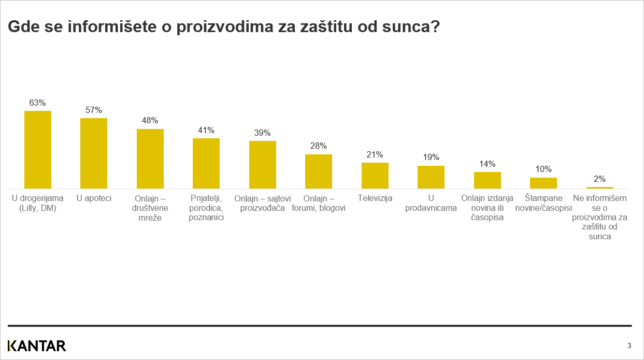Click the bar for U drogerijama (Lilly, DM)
click(x=38, y=149)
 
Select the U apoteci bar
click(x=94, y=153)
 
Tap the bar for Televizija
click(x=375, y=175)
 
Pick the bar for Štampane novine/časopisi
click(x=543, y=183)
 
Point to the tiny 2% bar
click(x=599, y=188)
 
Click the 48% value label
click(x=150, y=120)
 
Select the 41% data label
click(x=206, y=130)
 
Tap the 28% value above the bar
click(x=319, y=146)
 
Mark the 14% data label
click(x=487, y=164)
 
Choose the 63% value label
click(x=38, y=103)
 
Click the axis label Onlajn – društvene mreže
click(x=150, y=208)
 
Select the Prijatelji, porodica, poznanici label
click(x=206, y=208)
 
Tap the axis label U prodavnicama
click(x=431, y=203)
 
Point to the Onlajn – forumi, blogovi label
click(x=319, y=203)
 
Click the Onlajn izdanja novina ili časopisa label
click(x=487, y=208)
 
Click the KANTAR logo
click(x=37, y=345)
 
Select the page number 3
click(x=629, y=345)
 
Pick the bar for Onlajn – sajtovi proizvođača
click(x=262, y=164)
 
